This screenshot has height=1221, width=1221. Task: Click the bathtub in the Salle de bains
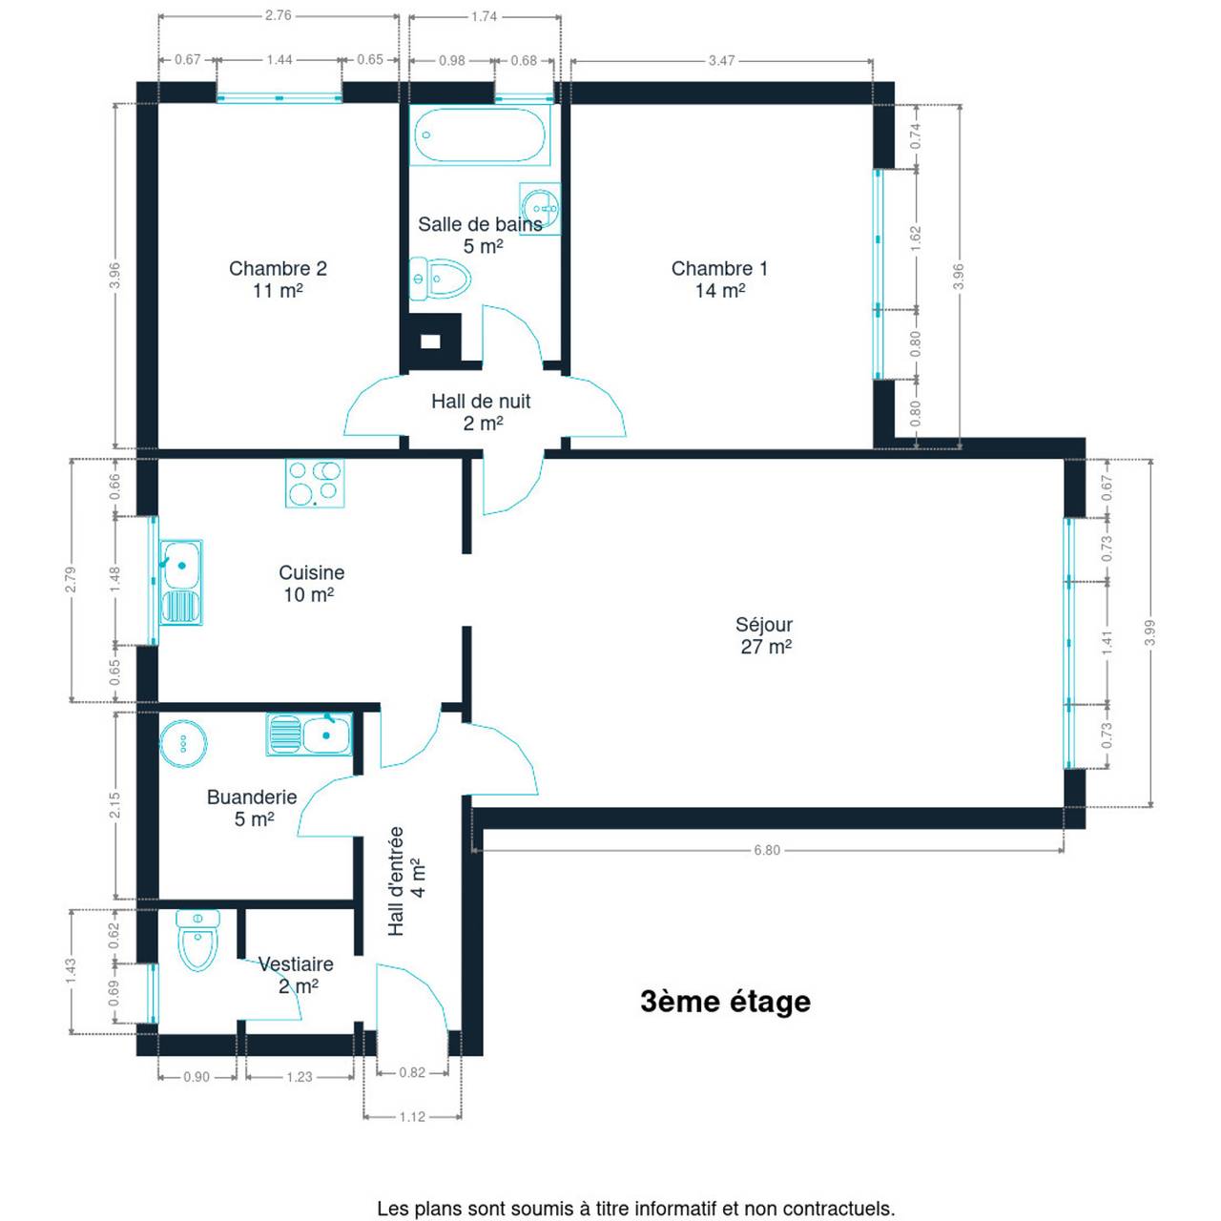(480, 135)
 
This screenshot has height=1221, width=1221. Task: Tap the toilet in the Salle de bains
(440, 279)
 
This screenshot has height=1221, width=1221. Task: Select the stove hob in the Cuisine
(314, 483)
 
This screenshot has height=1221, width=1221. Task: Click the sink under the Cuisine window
(180, 582)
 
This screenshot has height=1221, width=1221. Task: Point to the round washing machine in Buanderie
(183, 743)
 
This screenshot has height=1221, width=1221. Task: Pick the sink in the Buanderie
(309, 735)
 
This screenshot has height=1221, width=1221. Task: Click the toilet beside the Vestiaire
(197, 941)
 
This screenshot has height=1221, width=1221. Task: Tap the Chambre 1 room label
(719, 279)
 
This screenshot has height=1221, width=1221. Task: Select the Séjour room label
(765, 635)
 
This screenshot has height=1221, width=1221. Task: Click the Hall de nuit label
(481, 412)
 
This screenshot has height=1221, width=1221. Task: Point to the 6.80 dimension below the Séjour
(767, 850)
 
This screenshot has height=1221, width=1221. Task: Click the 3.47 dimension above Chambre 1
(721, 61)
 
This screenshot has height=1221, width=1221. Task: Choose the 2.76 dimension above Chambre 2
(279, 15)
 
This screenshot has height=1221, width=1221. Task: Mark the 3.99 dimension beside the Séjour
(1150, 632)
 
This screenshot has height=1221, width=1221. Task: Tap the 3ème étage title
(726, 1002)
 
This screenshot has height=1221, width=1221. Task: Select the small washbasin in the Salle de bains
(540, 209)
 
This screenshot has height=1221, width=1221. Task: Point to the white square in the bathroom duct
(430, 341)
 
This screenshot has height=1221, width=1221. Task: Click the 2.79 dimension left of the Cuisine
(71, 579)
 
